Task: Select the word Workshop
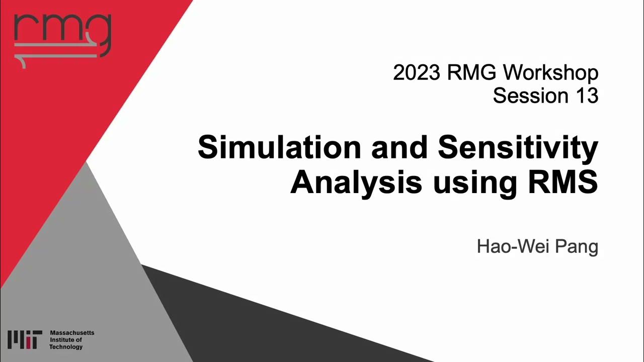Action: click(x=551, y=73)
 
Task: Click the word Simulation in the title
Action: click(x=279, y=148)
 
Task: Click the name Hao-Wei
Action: click(x=509, y=247)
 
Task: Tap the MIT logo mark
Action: click(x=25, y=340)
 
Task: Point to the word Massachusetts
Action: click(x=72, y=333)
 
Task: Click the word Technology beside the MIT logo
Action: click(x=66, y=347)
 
